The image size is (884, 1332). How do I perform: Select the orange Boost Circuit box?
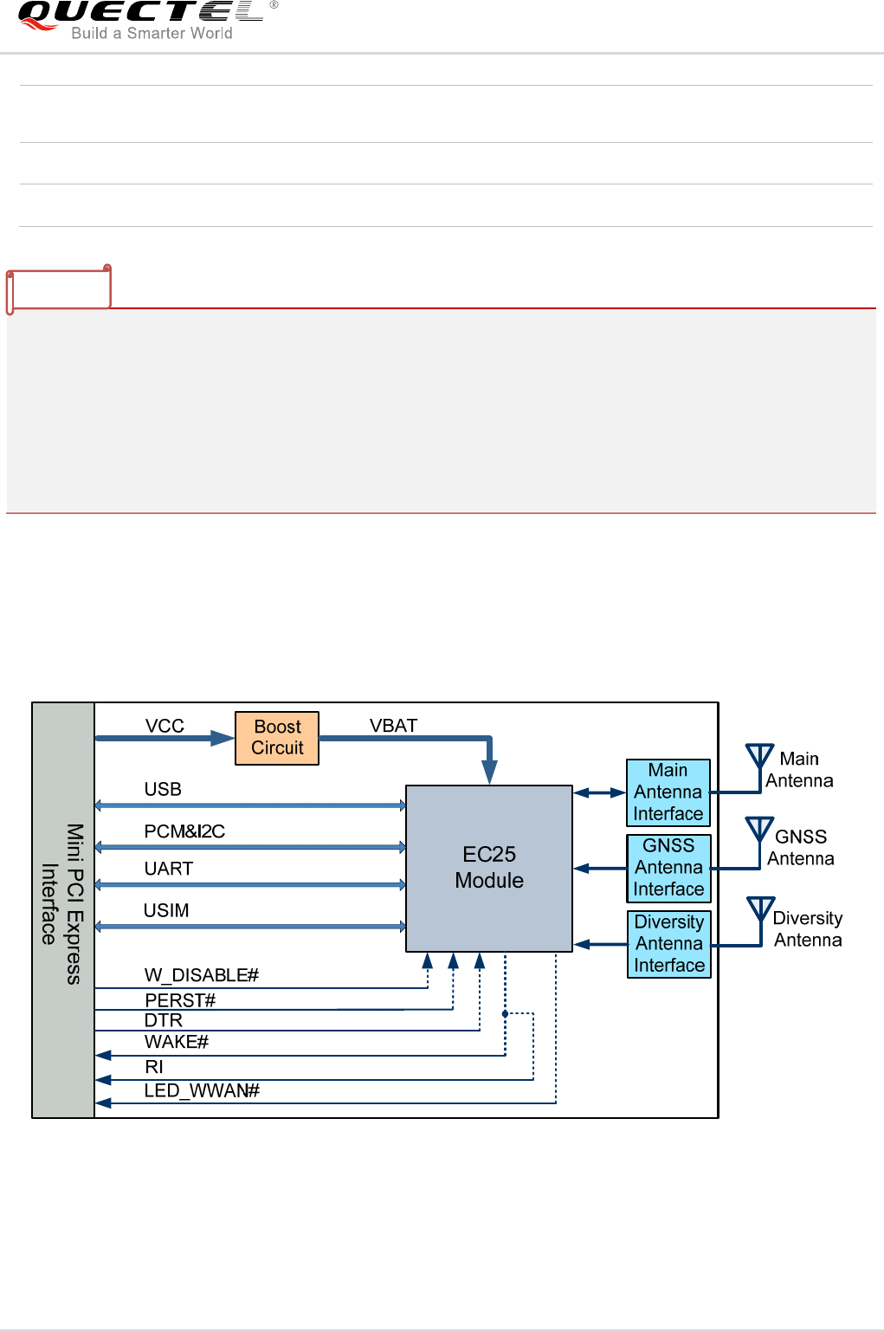(277, 738)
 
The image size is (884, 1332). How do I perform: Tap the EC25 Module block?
(489, 868)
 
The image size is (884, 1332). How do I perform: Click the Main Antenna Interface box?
(668, 792)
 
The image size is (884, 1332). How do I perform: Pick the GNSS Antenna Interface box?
(668, 868)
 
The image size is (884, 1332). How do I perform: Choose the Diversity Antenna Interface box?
(668, 944)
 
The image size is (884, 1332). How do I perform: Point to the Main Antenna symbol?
(759, 756)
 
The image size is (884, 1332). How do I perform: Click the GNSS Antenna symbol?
(759, 831)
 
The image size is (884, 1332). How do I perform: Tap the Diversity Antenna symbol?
(760, 910)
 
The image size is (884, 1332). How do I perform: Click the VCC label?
(165, 726)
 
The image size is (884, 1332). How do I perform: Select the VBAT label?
(393, 726)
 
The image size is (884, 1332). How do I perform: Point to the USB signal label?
(163, 789)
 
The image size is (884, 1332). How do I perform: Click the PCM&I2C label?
(184, 831)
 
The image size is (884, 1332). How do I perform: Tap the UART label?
(169, 869)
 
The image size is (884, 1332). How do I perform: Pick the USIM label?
(166, 910)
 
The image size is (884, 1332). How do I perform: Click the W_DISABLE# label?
(202, 975)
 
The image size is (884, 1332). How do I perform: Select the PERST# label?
(180, 1000)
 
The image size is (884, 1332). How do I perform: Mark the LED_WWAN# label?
(202, 1090)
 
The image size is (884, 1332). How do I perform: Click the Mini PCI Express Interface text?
(62, 904)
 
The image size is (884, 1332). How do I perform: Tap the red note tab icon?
(59, 289)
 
